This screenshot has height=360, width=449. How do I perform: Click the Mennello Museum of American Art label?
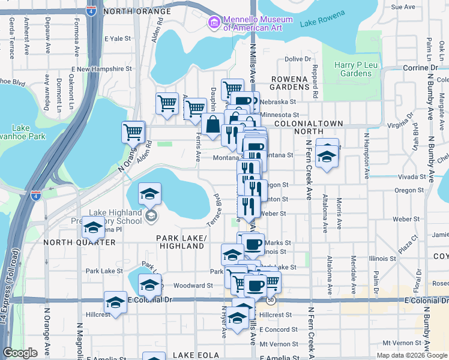click(258, 23)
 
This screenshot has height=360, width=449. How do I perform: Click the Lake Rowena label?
click(321, 23)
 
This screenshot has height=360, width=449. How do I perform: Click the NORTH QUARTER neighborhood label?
click(79, 242)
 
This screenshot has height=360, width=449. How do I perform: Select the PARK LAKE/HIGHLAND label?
click(182, 242)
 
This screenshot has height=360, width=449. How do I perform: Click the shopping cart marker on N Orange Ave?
click(133, 132)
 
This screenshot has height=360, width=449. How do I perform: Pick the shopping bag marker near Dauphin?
click(212, 125)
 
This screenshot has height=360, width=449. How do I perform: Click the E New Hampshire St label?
click(103, 69)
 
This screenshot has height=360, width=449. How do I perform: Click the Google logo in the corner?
click(20, 353)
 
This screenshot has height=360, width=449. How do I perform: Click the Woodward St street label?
click(194, 286)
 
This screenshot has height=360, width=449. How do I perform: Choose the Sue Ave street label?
click(403, 7)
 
